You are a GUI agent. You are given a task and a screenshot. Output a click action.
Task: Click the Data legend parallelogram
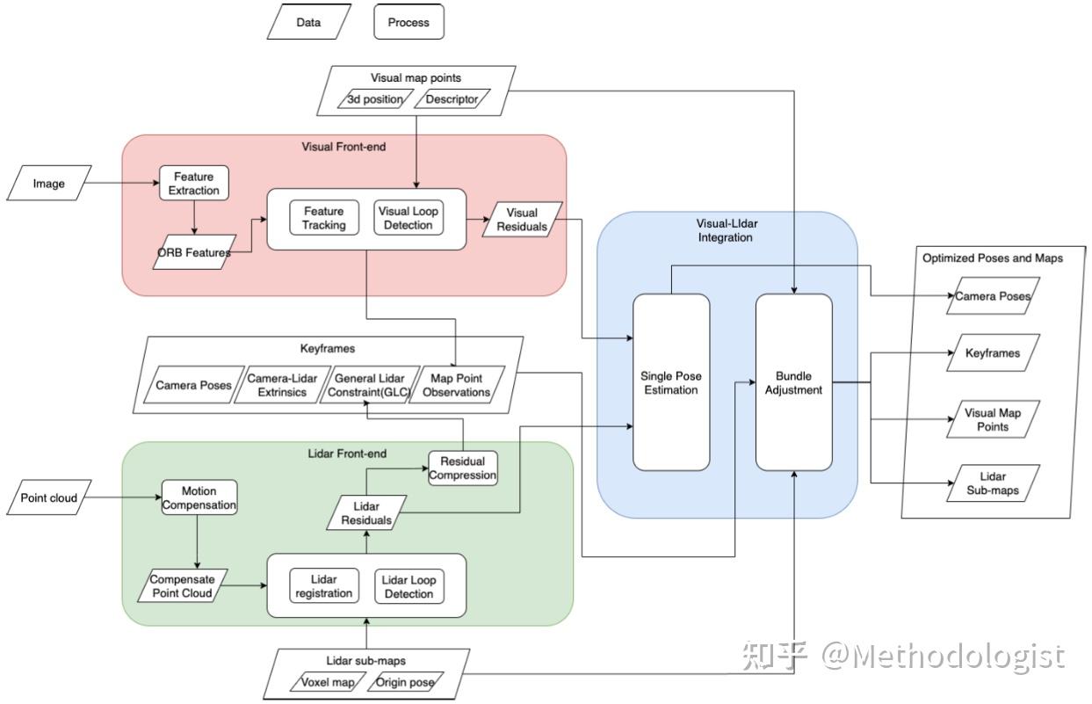click(308, 22)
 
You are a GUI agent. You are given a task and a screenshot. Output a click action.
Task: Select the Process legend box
click(409, 22)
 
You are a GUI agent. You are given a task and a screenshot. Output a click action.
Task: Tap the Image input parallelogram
click(48, 184)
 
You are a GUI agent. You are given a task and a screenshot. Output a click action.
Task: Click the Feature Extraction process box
click(193, 184)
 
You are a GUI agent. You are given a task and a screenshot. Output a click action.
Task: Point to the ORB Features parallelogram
click(195, 252)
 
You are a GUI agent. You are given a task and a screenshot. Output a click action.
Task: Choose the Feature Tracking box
click(324, 218)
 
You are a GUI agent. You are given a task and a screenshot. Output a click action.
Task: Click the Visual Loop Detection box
click(409, 218)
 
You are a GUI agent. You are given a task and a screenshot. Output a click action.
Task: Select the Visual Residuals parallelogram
click(523, 219)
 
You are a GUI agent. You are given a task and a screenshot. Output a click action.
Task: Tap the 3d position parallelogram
click(375, 99)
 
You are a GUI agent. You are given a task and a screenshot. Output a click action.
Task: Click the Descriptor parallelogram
click(452, 99)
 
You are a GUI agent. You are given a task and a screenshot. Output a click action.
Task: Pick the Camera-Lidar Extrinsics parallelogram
click(283, 385)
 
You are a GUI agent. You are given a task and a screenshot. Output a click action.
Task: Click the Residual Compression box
click(462, 468)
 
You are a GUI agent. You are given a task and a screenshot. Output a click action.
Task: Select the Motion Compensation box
click(198, 498)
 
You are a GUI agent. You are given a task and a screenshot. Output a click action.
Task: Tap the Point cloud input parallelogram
click(49, 498)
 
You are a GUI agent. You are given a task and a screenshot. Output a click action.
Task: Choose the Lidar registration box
click(324, 586)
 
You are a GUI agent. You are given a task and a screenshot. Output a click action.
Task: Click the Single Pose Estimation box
click(671, 382)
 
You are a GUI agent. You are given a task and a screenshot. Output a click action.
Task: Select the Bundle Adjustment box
click(794, 382)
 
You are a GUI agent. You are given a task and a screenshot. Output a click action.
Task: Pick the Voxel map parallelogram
click(327, 682)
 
